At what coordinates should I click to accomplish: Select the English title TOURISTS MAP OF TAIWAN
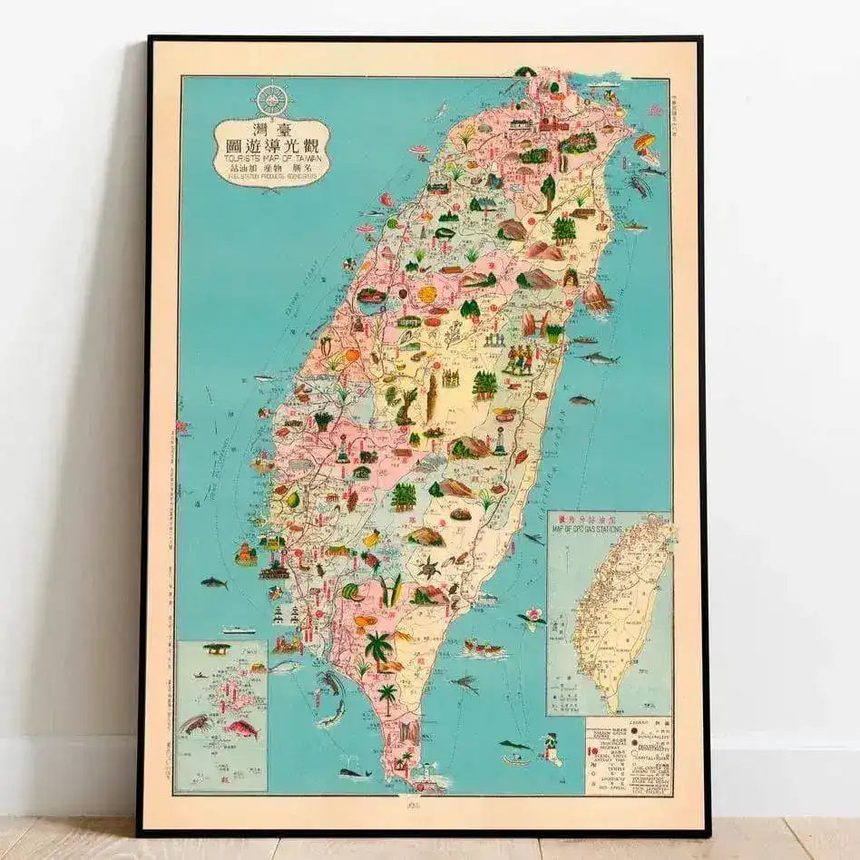pos(271,155)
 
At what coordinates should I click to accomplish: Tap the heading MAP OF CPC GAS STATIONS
pos(609,526)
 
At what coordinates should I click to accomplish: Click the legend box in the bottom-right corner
pos(629,757)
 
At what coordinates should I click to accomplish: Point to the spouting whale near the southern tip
pos(354,772)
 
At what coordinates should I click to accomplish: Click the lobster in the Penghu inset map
pos(196,723)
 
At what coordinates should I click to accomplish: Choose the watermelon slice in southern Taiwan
pos(351,592)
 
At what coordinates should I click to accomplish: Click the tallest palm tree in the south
pos(378,648)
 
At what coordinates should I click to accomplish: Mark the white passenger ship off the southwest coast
pos(239,630)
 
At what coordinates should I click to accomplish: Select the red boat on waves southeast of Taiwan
pos(483,648)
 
